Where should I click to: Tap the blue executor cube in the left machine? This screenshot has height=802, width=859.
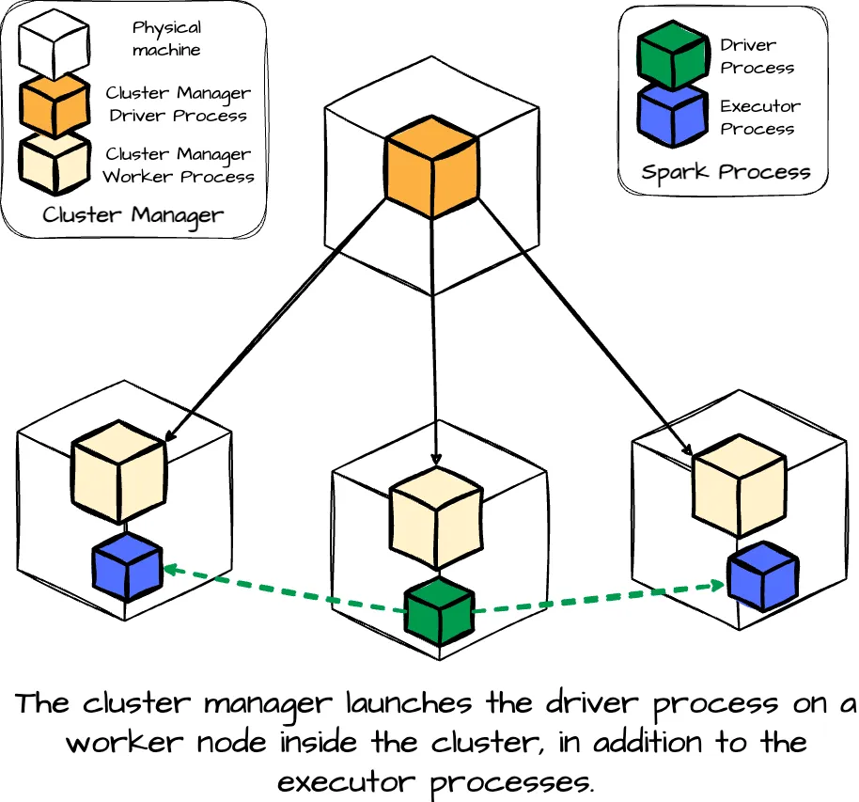(x=128, y=567)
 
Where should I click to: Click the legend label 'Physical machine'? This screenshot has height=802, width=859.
(x=166, y=39)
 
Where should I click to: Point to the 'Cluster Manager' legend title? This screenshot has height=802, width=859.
(x=133, y=214)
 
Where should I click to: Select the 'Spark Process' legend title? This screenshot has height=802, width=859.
(x=726, y=172)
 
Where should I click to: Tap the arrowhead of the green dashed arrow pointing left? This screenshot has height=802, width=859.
(x=169, y=568)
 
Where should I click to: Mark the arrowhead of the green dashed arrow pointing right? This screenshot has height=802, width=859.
(x=719, y=585)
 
